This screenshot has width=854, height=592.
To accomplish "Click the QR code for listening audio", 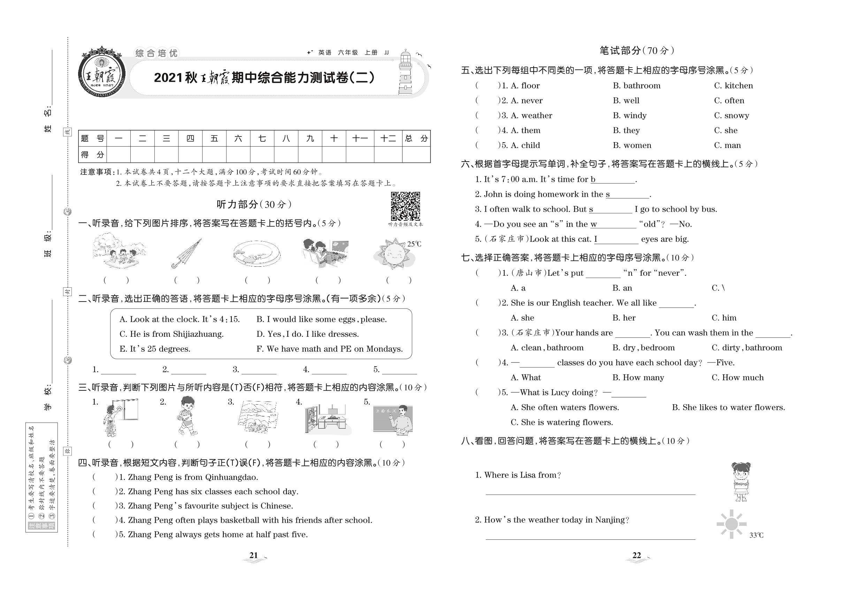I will (x=405, y=206).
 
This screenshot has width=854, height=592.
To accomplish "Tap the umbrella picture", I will (x=186, y=254).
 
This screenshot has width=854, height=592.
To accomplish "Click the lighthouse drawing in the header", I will (x=405, y=73).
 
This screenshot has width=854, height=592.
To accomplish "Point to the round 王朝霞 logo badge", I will (x=101, y=73).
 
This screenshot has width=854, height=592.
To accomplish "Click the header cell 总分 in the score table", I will (x=416, y=139).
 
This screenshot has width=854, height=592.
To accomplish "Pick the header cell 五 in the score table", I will (x=214, y=139).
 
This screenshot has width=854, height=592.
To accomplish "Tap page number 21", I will (x=254, y=555).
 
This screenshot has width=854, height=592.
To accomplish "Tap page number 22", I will (x=636, y=555).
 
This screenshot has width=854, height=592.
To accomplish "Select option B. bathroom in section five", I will (x=636, y=86).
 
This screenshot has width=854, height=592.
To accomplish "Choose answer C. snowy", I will (x=731, y=115).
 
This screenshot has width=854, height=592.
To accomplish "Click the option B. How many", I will (x=638, y=377).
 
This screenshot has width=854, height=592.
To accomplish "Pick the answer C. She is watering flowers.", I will (x=562, y=422).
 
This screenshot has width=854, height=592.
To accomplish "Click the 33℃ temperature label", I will (x=756, y=535).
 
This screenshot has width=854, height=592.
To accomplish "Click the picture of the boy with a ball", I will (x=187, y=416).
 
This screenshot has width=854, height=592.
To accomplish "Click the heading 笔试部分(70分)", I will (x=636, y=50).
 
